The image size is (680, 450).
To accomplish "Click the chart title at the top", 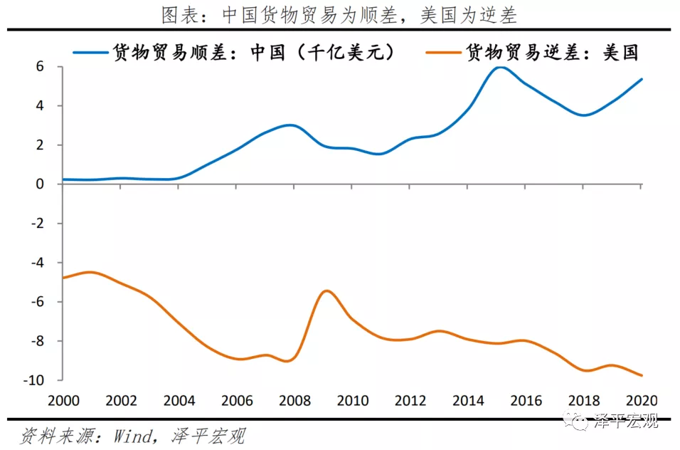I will (x=339, y=14).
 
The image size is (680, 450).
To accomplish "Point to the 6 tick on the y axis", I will (x=40, y=67).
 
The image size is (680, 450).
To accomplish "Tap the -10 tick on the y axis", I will (x=36, y=380).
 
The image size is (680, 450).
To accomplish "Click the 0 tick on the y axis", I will (x=40, y=184).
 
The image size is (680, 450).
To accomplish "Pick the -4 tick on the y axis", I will (x=37, y=263).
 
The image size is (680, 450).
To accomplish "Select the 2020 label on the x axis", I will (x=640, y=400).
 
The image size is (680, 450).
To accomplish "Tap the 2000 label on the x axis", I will (x=64, y=400).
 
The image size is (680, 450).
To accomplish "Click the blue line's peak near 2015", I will (x=499, y=68).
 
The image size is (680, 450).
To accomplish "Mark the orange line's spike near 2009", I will (x=326, y=291).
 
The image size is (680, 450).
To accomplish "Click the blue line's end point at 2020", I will (x=642, y=79).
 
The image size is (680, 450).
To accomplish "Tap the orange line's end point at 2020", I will (x=642, y=375).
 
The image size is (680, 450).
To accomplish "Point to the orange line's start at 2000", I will (x=64, y=278).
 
